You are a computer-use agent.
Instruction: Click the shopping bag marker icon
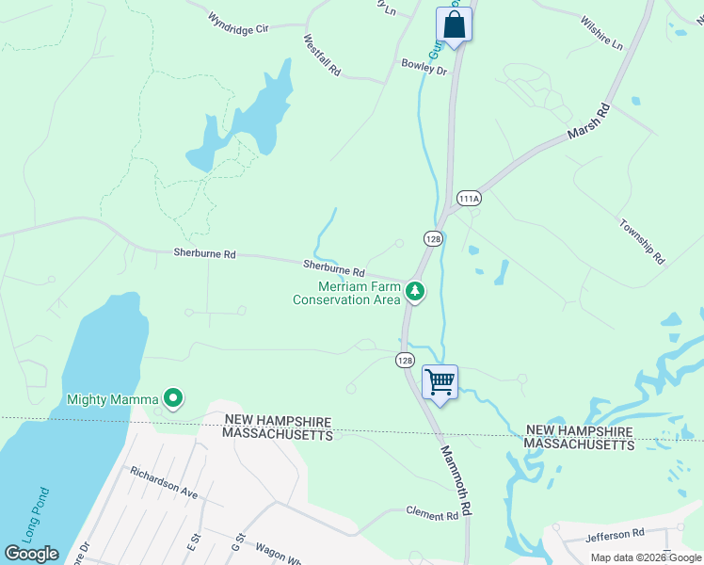(x=454, y=25)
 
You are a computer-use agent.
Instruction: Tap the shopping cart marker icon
(x=440, y=382)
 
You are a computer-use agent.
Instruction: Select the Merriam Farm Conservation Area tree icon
(x=414, y=292)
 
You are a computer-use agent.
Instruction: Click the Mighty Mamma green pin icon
(x=172, y=399)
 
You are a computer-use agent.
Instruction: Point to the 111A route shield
(x=469, y=199)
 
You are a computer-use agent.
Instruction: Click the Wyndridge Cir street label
(x=238, y=29)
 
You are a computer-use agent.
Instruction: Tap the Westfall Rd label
(x=321, y=56)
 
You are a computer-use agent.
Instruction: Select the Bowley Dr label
(x=424, y=68)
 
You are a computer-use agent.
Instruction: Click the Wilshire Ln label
(x=601, y=32)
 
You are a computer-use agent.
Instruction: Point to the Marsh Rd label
(x=589, y=122)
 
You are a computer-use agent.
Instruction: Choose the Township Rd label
(x=642, y=241)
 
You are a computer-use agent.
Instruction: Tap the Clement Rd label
(x=432, y=515)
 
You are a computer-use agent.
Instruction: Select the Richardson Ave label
(x=164, y=481)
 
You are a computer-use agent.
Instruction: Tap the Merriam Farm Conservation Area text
(x=346, y=294)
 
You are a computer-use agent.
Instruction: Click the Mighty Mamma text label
(x=112, y=399)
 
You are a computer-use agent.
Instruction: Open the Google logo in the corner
(x=32, y=554)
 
